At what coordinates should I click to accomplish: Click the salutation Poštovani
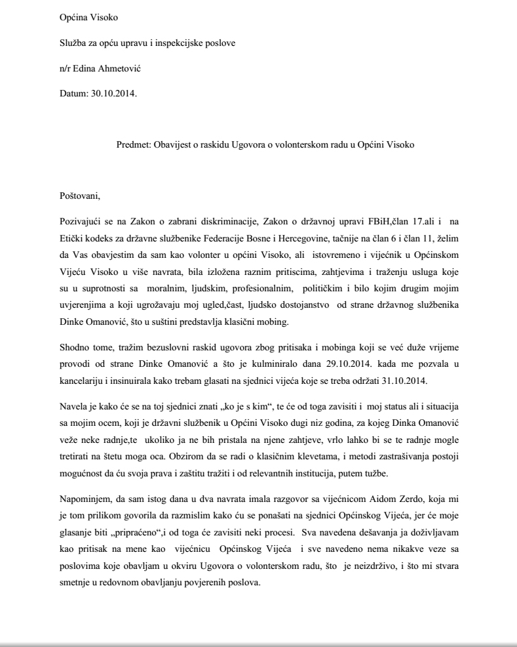(81, 196)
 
